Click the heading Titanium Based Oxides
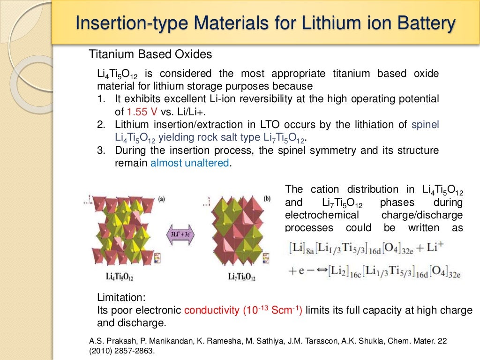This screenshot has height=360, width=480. (x=150, y=54)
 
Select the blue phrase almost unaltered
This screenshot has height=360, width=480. (x=190, y=163)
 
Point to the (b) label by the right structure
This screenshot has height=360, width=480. (x=267, y=198)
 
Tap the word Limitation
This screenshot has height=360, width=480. (x=121, y=297)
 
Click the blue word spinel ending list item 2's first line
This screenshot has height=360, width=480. (x=425, y=125)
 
